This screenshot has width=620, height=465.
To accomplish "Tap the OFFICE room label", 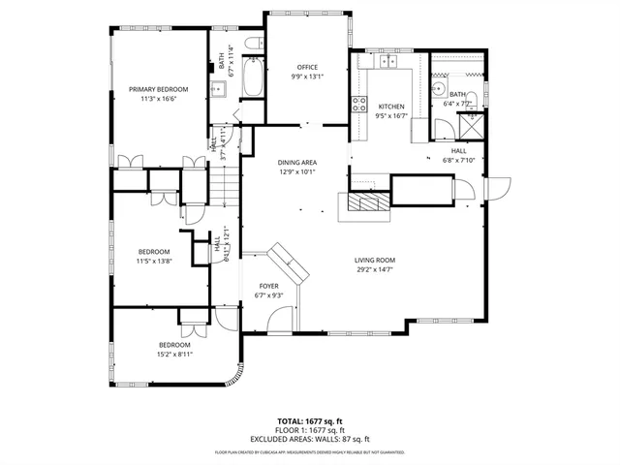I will point(307,67).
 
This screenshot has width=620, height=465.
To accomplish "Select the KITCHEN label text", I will point(391,107).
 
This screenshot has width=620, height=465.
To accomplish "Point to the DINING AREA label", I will point(297,162).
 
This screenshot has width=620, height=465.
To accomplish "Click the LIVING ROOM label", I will point(374,260).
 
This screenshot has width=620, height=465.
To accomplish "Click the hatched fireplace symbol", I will point(366,201).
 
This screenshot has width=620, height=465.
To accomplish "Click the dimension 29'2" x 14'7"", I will point(374,269).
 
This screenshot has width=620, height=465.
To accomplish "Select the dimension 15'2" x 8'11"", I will point(174,355).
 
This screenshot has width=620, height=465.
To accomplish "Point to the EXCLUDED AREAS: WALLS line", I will point(310,438).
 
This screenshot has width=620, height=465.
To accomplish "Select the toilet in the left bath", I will point(251,44).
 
